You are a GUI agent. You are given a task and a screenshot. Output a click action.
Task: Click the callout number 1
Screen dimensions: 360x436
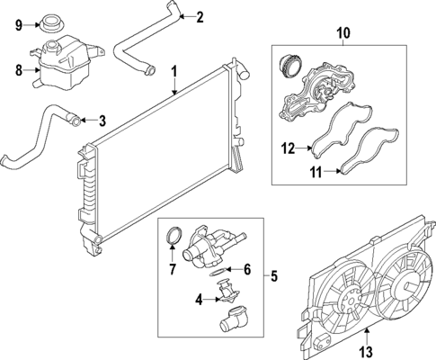pyautogui.click(x=176, y=70)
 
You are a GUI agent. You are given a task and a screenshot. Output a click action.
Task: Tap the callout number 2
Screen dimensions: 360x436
pyautogui.click(x=200, y=16)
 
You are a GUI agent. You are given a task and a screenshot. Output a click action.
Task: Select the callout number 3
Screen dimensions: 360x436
pyautogui.click(x=102, y=120)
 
